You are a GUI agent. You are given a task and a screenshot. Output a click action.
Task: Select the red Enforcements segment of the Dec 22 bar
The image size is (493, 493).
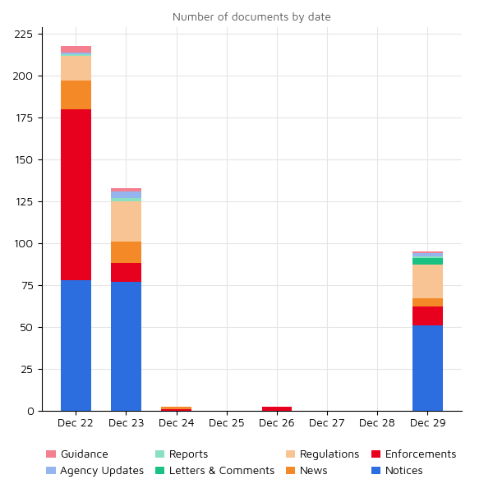coord(76,195)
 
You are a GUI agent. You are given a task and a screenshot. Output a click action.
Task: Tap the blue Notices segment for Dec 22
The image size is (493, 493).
coord(76,345)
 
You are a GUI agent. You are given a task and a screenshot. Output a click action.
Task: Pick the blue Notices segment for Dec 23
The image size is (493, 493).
coord(126,346)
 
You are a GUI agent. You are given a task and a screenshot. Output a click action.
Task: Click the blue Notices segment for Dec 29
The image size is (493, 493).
coord(427,368)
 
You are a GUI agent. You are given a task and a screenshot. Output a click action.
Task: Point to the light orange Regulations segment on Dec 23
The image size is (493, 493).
coord(126,221)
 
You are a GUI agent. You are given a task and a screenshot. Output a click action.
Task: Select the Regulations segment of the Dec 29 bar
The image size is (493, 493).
coord(427,281)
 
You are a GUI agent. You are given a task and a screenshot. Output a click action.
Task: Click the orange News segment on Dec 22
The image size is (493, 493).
coord(76,94)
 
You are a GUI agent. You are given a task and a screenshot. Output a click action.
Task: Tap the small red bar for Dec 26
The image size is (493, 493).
coord(277,408)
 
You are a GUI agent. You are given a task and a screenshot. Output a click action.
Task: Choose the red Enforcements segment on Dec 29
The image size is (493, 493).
coord(427,316)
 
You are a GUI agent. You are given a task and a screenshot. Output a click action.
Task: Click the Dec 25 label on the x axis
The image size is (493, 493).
coord(226,423)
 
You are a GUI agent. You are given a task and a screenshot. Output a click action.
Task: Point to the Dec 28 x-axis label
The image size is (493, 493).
coord(377,423)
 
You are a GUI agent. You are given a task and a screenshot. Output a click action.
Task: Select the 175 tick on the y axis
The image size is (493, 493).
coord(23,118)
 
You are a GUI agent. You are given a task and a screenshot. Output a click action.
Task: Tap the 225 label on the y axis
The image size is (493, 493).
coord(23,35)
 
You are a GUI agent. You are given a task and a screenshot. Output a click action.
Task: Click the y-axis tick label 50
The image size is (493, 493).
coord(26,328)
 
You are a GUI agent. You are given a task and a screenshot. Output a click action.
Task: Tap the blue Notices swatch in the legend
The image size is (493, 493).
coord(376,471)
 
